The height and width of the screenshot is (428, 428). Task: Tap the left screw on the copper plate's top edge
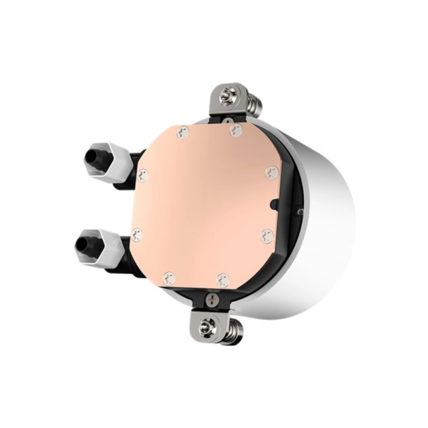[183, 132]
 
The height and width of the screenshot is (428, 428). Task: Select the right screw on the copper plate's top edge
[235, 130]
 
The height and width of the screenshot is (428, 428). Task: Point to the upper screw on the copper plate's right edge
[271, 172]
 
